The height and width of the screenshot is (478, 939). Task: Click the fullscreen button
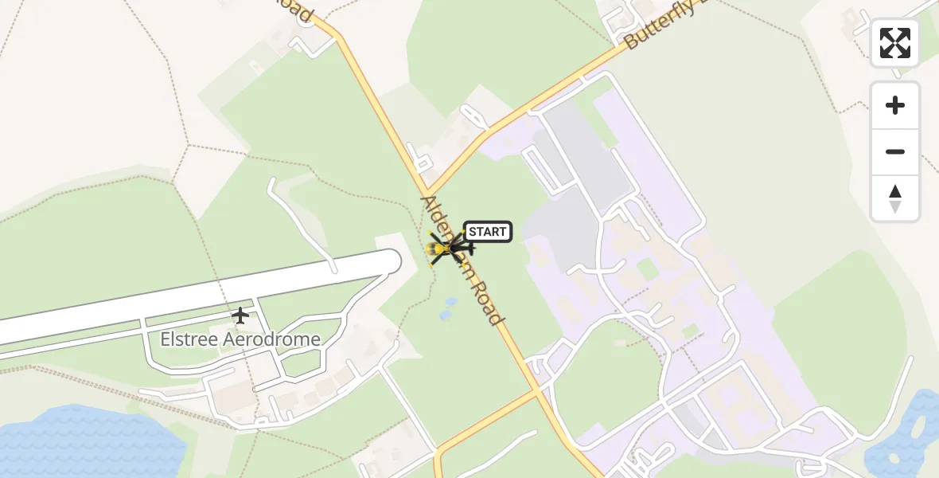[x=895, y=43]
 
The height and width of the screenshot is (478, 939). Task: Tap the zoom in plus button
[x=895, y=105]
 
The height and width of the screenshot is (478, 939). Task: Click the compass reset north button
[x=895, y=198]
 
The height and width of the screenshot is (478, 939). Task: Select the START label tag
[x=487, y=232]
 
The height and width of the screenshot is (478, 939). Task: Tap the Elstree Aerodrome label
[x=240, y=339]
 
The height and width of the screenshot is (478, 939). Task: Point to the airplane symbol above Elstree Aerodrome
[x=240, y=315]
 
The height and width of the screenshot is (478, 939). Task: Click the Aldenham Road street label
[x=462, y=260]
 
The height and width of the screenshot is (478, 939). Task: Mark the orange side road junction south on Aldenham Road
[x=540, y=391]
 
